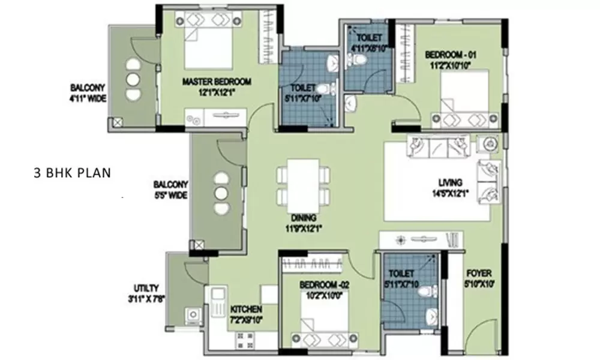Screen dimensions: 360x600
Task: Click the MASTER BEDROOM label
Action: tap(217, 82)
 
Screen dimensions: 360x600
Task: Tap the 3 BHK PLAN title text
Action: tap(72, 174)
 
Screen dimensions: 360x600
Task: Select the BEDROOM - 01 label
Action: tap(449, 55)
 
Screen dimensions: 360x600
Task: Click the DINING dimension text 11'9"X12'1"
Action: tap(304, 228)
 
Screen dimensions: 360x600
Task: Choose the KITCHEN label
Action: tap(246, 310)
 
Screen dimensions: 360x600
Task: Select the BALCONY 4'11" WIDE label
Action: tap(88, 92)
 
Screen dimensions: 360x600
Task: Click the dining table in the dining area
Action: tap(303, 183)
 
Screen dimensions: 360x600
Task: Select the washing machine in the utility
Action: tap(193, 314)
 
